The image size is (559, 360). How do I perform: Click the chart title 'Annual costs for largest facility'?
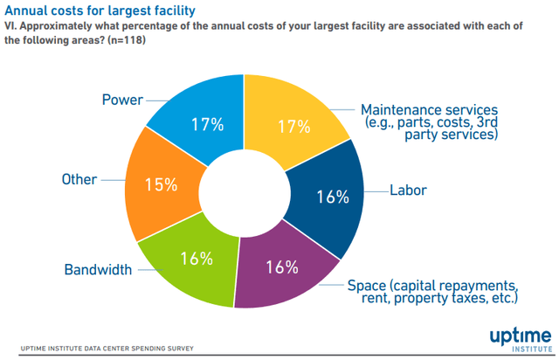point(100,10)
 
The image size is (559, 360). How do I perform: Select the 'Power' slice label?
point(121,100)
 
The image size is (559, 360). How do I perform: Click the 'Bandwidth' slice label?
point(98,269)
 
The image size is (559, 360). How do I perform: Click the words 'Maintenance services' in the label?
point(429,110)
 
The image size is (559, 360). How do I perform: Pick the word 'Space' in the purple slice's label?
point(367,285)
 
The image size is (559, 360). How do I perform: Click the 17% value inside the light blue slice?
point(207,124)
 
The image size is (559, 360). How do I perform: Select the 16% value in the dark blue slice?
point(332,197)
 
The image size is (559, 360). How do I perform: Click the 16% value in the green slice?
point(197,258)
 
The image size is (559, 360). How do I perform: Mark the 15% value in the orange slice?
point(160,184)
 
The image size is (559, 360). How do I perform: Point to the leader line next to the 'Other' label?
point(112,179)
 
